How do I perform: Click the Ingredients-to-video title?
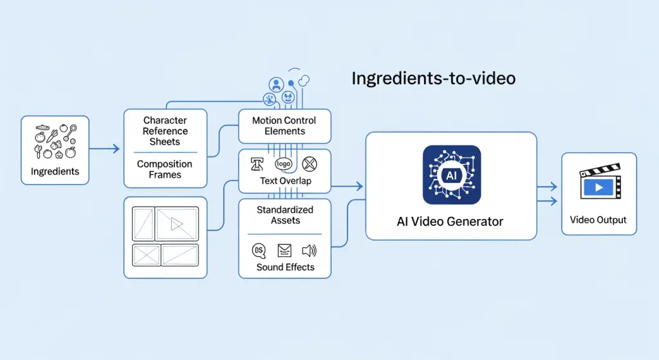(433, 79)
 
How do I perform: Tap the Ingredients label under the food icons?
(55, 171)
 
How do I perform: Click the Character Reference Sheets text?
(165, 131)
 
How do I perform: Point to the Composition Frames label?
(165, 169)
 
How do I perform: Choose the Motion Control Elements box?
(284, 126)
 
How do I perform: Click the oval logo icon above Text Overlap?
(284, 164)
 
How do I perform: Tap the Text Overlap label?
(285, 181)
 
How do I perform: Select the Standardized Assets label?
(285, 215)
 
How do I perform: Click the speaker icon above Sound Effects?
(310, 251)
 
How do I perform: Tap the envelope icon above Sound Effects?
(284, 251)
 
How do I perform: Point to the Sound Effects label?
(285, 267)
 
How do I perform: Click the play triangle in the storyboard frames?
(176, 224)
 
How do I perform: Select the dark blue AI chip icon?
(451, 175)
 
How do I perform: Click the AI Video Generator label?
(450, 222)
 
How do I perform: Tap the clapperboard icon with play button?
(599, 184)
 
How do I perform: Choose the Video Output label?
(599, 220)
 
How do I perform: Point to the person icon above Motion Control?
(277, 84)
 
